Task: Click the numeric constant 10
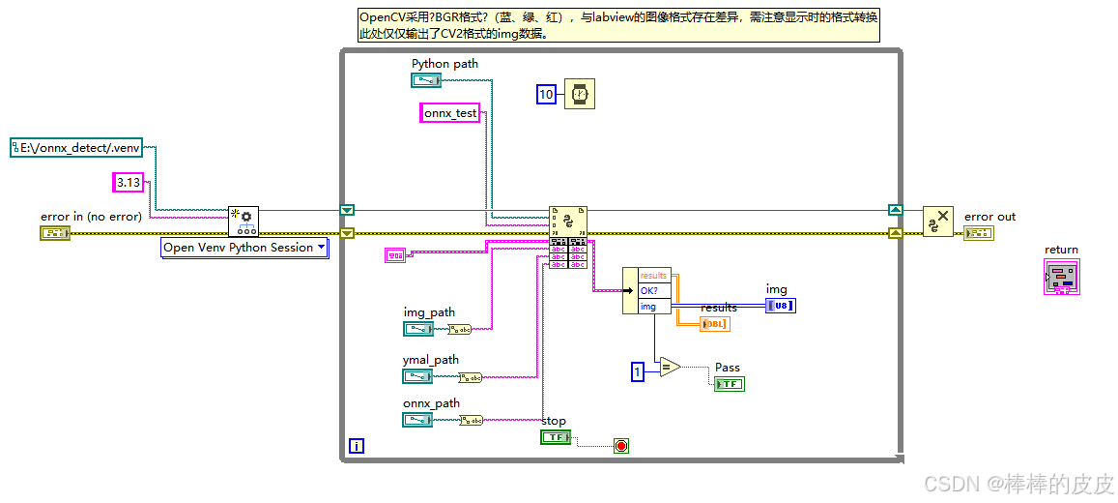pos(546,94)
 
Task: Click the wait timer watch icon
pos(580,94)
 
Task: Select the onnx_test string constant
pos(450,113)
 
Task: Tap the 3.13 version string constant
pos(128,182)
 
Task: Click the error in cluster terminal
pos(55,233)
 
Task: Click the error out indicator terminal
pos(978,233)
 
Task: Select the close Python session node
pos(937,222)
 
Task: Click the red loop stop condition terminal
pos(621,446)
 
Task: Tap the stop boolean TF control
pos(555,437)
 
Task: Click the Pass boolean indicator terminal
pos(729,384)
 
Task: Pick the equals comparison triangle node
pos(670,367)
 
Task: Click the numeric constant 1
pos(637,371)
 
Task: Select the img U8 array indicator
pos(781,306)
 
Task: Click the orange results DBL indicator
pos(714,323)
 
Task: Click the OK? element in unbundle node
pos(654,290)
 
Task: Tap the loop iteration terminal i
pos(357,446)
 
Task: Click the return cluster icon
pos(1061,277)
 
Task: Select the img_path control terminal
pos(417,329)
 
